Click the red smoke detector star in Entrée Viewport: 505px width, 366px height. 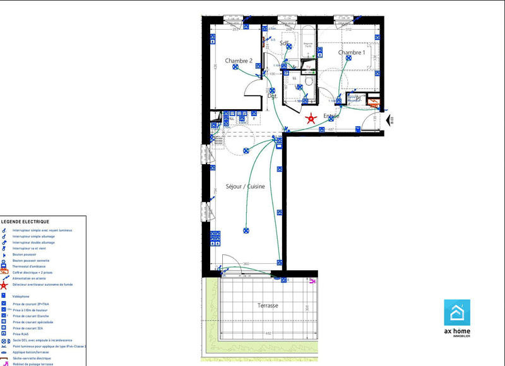311,118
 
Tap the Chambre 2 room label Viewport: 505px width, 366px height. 239,61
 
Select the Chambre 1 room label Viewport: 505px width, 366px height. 352,53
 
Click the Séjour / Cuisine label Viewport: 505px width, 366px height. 246,187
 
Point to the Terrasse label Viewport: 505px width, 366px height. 268,305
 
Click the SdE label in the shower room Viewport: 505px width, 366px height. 285,44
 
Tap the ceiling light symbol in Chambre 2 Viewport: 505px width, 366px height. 235,71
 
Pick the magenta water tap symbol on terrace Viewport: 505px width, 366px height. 312,283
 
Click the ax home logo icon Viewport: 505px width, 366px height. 457,312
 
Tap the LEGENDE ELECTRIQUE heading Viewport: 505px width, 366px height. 25,222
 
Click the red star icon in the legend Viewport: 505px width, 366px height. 4,285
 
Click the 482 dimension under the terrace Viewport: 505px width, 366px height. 267,333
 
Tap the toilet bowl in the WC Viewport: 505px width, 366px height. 309,81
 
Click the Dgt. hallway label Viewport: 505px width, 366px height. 272,97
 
